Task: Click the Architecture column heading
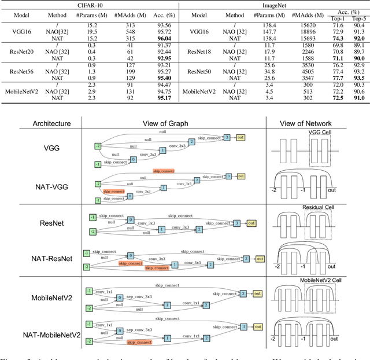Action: tap(35, 123)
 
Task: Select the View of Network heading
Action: tap(317, 123)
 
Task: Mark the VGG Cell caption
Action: tap(321, 132)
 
